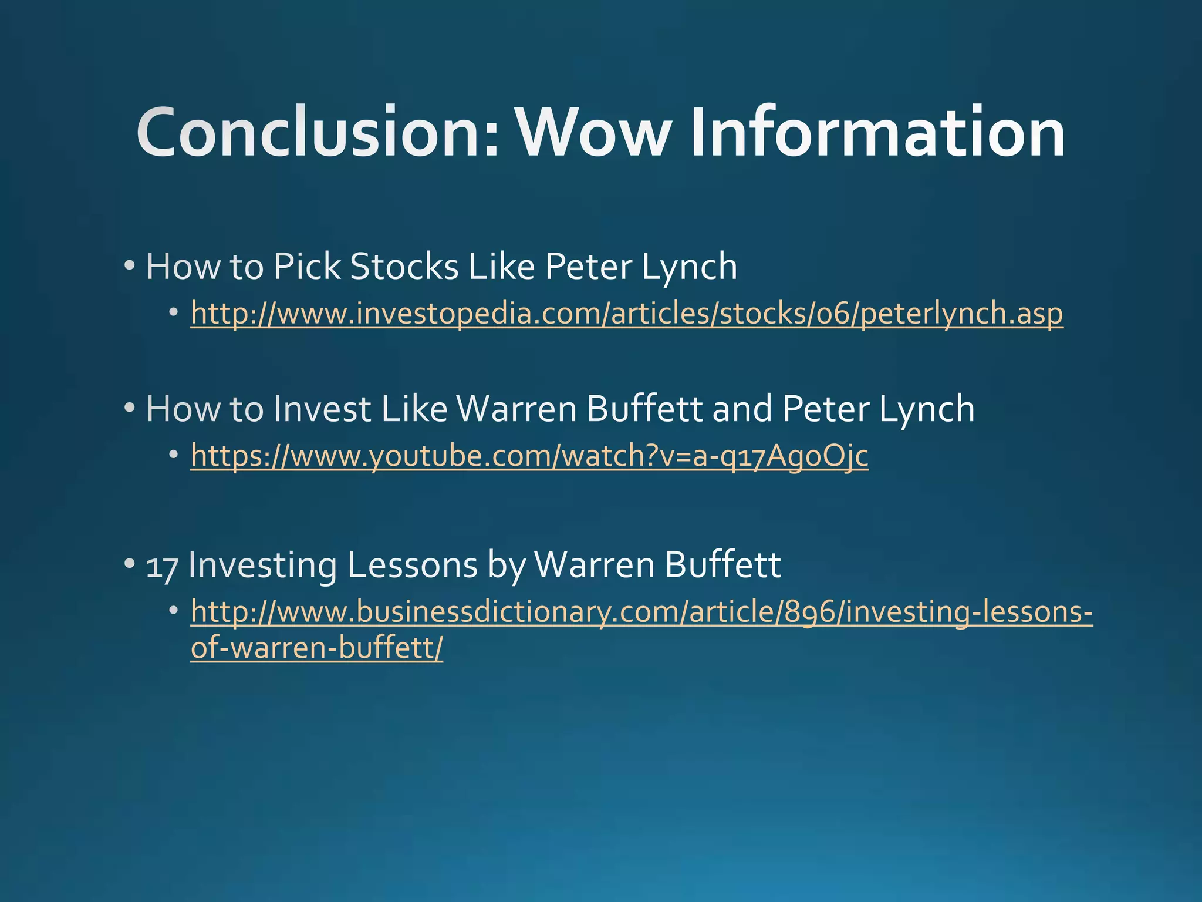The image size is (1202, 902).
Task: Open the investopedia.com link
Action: coord(626,314)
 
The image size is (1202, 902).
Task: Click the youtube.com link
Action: coord(529,456)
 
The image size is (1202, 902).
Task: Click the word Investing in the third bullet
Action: coord(263,565)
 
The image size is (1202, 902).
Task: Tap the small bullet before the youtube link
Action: coord(173,455)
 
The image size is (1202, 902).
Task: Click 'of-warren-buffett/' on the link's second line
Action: coord(317,648)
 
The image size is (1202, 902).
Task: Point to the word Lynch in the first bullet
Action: coord(689,267)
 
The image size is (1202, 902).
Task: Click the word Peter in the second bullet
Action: coord(825,409)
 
